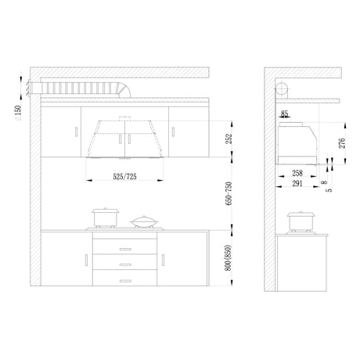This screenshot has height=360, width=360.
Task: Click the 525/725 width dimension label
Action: click(x=124, y=177)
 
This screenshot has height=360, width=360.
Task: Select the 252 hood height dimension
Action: click(x=229, y=139)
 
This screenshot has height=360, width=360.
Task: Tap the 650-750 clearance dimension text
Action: click(x=229, y=193)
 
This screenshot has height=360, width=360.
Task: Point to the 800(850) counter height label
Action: click(x=229, y=257)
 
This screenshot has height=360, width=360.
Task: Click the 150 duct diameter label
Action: click(x=18, y=111)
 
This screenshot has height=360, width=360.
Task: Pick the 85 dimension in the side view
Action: click(x=284, y=114)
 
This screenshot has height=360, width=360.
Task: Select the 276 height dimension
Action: click(x=342, y=143)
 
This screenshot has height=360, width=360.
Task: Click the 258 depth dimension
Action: click(x=297, y=173)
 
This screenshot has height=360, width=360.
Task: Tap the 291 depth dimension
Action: click(x=297, y=183)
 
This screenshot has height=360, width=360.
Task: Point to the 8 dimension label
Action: click(x=324, y=182)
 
